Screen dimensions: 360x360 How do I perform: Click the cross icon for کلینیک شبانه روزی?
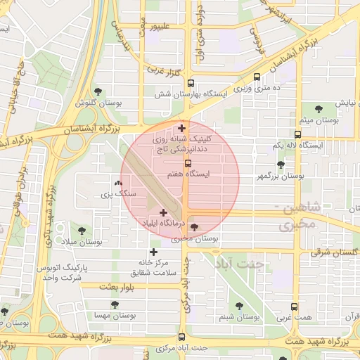pos(183,128)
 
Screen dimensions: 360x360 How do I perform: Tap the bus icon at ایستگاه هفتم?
pos(187,164)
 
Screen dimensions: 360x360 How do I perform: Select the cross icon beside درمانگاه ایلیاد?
pos(164,212)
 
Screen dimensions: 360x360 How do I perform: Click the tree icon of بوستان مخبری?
pos(194,227)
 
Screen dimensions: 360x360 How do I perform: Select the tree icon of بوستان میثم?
pos(319,108)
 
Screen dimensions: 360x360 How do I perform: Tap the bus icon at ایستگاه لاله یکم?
pos(298,134)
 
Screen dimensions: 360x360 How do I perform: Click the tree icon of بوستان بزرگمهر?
pos(281,165)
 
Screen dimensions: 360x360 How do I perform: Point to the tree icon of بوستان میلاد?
pos(84,229)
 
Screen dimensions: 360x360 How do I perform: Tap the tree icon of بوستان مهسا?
pos(115,304)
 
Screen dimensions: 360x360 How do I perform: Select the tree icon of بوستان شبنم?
pos(239,306)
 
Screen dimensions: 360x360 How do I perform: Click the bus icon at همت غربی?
pos(294,307)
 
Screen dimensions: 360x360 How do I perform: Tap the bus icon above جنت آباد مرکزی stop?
pos(182,337)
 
